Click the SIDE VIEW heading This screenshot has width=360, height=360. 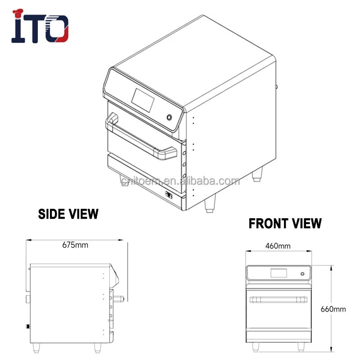click(67, 213)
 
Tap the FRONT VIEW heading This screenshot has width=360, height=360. click(285, 223)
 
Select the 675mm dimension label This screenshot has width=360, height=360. click(75, 245)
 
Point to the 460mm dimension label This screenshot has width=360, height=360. click(278, 246)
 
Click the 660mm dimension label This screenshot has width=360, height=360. click(333, 309)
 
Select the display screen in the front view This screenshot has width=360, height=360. click(278, 273)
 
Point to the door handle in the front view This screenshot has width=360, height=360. click(278, 299)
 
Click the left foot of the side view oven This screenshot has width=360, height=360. click(40, 348)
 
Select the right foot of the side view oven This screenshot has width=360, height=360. click(98, 348)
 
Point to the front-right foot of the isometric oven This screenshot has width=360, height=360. click(210, 204)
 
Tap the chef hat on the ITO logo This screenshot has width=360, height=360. click(19, 14)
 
